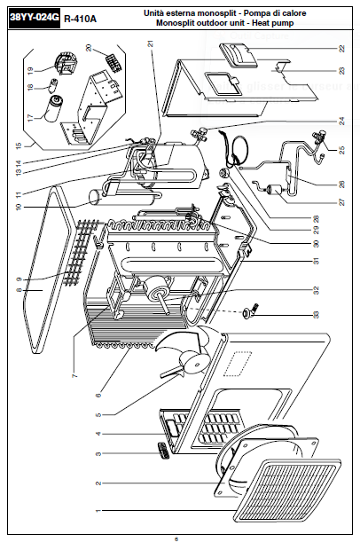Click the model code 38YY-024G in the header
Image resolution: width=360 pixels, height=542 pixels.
[x=35, y=18]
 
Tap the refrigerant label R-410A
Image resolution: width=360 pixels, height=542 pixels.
[x=80, y=19]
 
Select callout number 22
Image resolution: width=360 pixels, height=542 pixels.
[x=341, y=49]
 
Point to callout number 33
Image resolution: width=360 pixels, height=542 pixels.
[x=316, y=315]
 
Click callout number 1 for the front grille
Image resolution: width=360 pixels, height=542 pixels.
[x=98, y=511]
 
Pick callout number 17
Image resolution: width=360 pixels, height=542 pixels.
[x=31, y=118]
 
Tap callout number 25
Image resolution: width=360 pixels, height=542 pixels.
[x=341, y=151]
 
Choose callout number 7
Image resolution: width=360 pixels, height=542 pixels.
[x=75, y=375]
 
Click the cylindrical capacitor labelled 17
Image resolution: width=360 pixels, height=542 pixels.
[x=53, y=109]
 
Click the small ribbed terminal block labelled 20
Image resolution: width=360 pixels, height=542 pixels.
[x=113, y=63]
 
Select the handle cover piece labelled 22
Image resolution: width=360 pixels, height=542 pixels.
[x=239, y=55]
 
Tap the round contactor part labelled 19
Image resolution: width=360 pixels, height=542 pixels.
[x=66, y=64]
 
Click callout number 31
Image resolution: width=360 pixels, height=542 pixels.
[x=316, y=261]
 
